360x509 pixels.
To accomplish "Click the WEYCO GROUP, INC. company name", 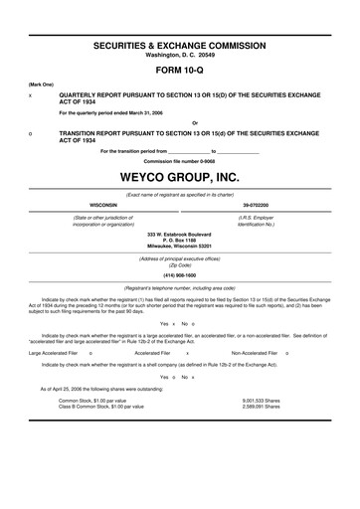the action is coord(180,176).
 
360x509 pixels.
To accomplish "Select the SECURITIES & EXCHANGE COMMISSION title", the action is coord(180,47).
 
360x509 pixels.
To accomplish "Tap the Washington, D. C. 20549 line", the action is coord(180,56).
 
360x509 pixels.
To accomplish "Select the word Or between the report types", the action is coord(180,123).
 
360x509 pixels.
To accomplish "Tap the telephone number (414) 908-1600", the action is coord(180,274).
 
